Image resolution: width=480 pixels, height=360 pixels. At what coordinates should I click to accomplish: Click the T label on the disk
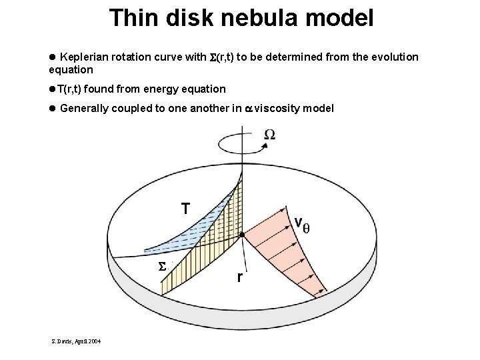186,209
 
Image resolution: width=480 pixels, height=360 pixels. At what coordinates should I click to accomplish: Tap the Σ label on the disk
161,267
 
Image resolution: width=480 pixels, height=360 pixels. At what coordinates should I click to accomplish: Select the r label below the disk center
240,277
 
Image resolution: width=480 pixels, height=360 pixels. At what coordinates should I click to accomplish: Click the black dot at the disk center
243,235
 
